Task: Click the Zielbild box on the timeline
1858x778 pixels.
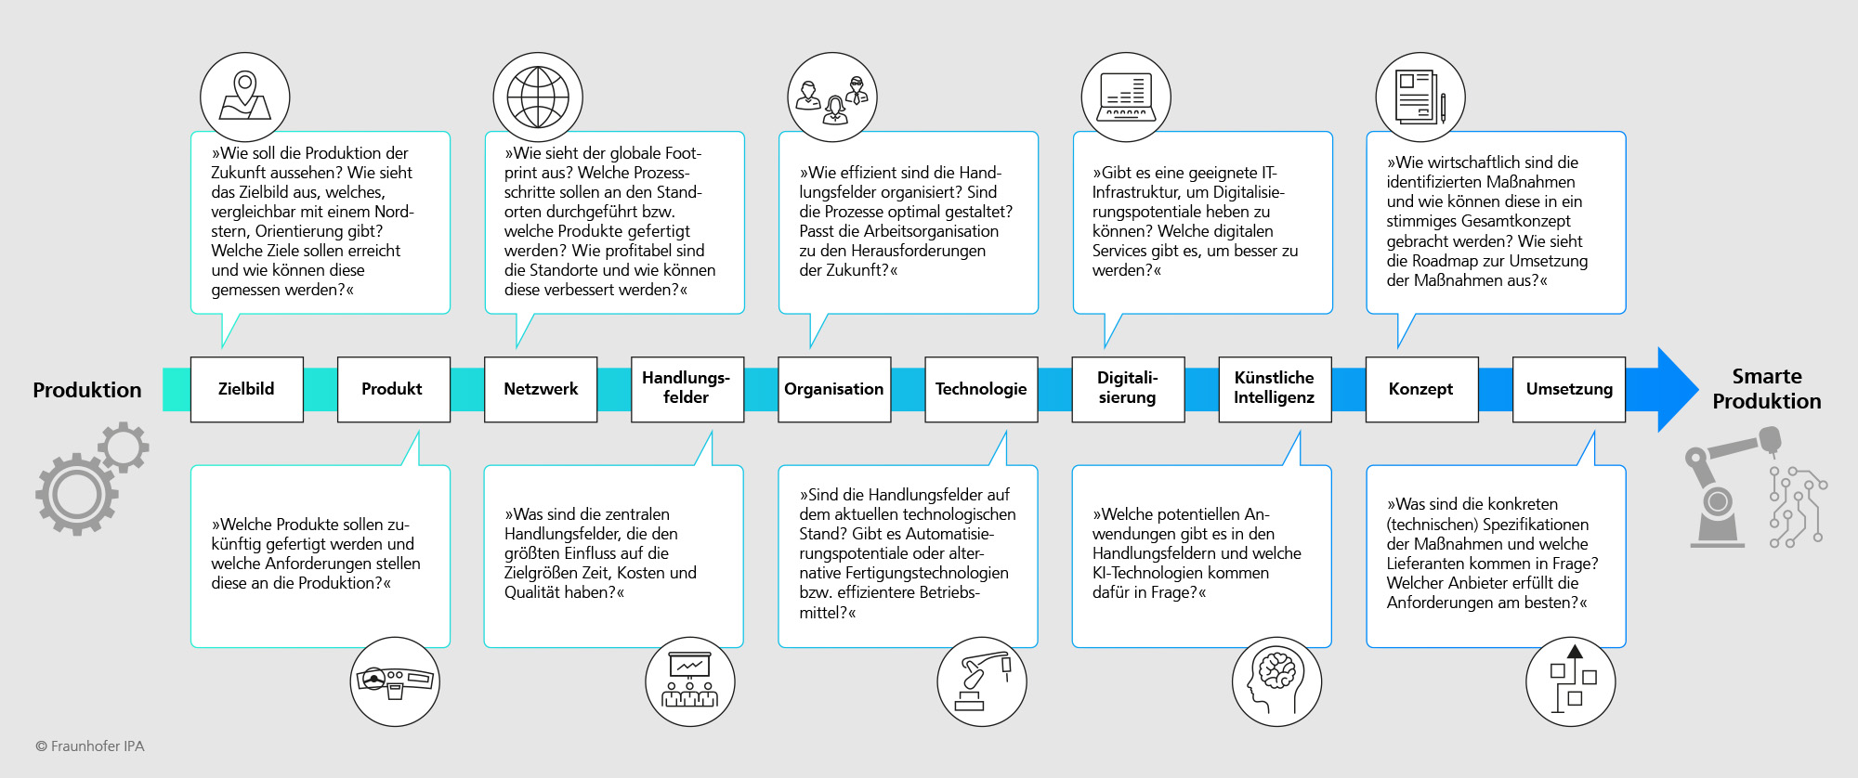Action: [x=246, y=389]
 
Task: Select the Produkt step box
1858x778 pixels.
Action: [x=393, y=389]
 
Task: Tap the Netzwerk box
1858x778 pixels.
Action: [x=541, y=389]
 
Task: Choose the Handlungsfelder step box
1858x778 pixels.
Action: [x=687, y=389]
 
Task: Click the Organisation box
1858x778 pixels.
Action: [x=834, y=389]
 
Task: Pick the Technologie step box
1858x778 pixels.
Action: [x=981, y=389]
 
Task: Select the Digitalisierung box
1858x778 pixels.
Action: [x=1128, y=389]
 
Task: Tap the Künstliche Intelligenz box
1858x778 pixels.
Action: [x=1275, y=389]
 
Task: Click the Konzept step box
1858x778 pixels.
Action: [x=1421, y=389]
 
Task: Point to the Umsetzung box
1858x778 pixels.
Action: [x=1569, y=389]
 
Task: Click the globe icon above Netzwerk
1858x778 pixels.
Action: [x=538, y=97]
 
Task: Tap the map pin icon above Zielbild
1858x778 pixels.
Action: [x=245, y=97]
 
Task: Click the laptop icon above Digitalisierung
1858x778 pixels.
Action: [x=1126, y=97]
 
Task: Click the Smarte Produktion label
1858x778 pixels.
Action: [x=1767, y=389]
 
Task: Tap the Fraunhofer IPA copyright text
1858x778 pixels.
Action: [x=90, y=746]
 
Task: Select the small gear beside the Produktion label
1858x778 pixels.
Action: [x=124, y=447]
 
